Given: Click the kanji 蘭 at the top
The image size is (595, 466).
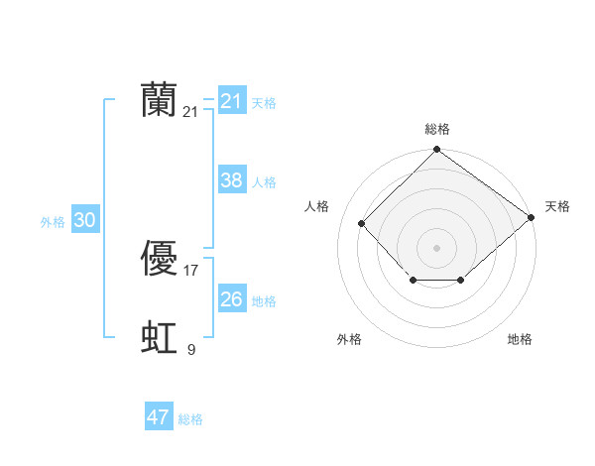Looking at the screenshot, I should point(160,100).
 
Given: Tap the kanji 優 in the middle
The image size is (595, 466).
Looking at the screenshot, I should point(160,259).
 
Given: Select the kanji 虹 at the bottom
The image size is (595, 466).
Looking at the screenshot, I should point(160,338).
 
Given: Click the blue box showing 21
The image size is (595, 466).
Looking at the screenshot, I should point(231,101).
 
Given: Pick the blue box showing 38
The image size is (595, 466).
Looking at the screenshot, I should point(231,180).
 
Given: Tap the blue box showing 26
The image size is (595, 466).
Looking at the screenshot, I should point(231,299).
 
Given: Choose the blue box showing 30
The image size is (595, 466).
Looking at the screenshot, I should point(84,221).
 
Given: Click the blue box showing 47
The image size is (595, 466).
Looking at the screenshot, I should point(158,417).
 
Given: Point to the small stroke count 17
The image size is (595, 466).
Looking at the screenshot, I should point(191,271).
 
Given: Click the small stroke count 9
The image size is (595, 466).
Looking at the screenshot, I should point(191,349).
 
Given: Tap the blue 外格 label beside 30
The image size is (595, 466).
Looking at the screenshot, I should point(53,222).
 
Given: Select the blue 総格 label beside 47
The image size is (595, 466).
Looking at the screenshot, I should point(190,419).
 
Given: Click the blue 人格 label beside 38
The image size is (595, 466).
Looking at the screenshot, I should point(264,182).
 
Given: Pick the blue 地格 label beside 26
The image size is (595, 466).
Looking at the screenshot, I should point(264,301).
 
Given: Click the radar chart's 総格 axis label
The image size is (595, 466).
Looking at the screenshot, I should point(437,129).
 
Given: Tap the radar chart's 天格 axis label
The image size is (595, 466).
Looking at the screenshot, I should point(557,206).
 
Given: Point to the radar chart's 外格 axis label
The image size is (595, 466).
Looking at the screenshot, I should point(349,339).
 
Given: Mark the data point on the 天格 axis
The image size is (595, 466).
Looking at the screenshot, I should point(531,217).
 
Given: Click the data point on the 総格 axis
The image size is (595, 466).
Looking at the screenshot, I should point(437,150).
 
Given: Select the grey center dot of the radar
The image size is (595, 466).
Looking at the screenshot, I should point(437,247).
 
